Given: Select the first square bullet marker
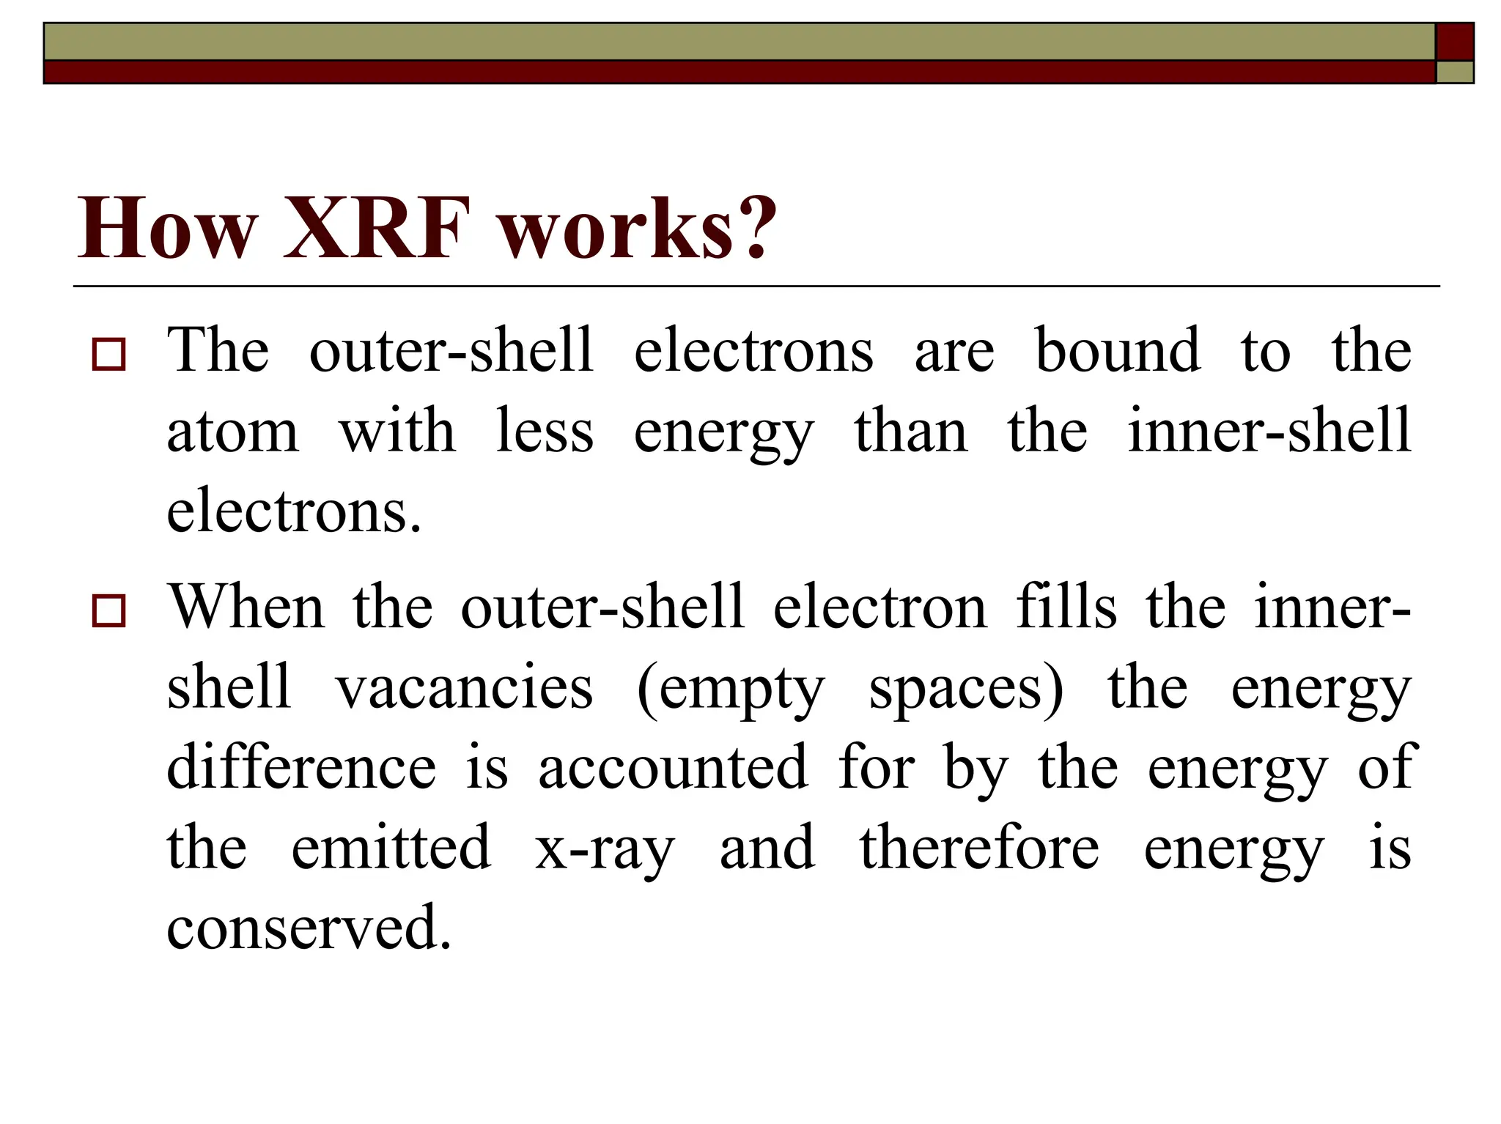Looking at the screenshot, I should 108,354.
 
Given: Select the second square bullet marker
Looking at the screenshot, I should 108,610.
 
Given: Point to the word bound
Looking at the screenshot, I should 1117,351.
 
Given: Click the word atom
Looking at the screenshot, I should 232,432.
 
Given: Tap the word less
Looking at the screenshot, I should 544,432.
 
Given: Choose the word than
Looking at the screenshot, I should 910,432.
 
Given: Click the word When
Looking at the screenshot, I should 246,607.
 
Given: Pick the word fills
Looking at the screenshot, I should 1066,607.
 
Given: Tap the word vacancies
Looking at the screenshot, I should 464,688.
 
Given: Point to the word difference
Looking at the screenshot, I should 301,768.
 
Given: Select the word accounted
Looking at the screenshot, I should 673,768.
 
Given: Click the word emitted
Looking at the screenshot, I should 391,848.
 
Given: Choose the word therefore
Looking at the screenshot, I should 979,848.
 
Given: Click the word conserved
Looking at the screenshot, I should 308,928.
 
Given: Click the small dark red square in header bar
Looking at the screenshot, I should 1454,41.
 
